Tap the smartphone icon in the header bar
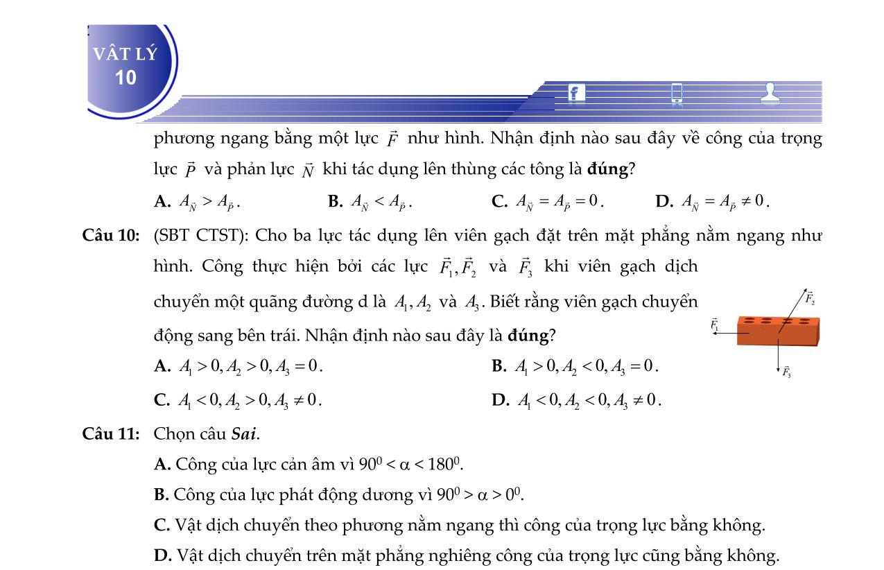(677, 93)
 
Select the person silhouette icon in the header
(770, 92)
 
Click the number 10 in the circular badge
(125, 78)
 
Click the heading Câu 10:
(111, 236)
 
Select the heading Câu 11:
(111, 434)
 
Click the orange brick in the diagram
(778, 330)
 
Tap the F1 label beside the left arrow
(714, 324)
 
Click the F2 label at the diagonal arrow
(810, 299)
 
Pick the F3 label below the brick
(787, 372)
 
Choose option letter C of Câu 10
(162, 400)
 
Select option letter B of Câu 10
(499, 366)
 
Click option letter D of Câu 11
(162, 555)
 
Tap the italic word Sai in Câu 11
(244, 434)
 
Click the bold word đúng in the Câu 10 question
(528, 336)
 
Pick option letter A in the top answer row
(162, 202)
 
